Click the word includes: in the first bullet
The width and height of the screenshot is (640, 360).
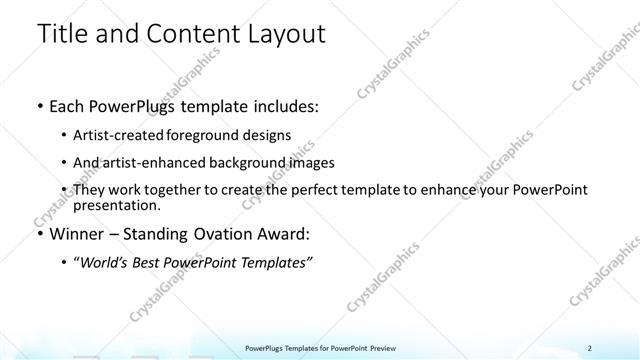click(x=281, y=105)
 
